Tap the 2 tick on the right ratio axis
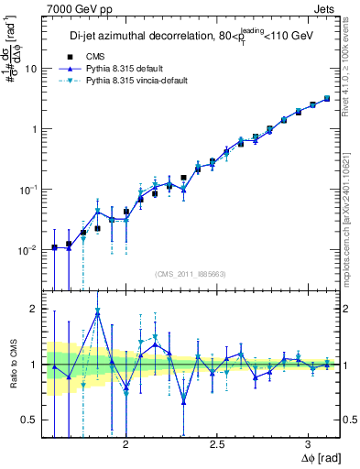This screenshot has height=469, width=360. point(343,309)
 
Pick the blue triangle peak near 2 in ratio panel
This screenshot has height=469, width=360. point(97,314)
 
